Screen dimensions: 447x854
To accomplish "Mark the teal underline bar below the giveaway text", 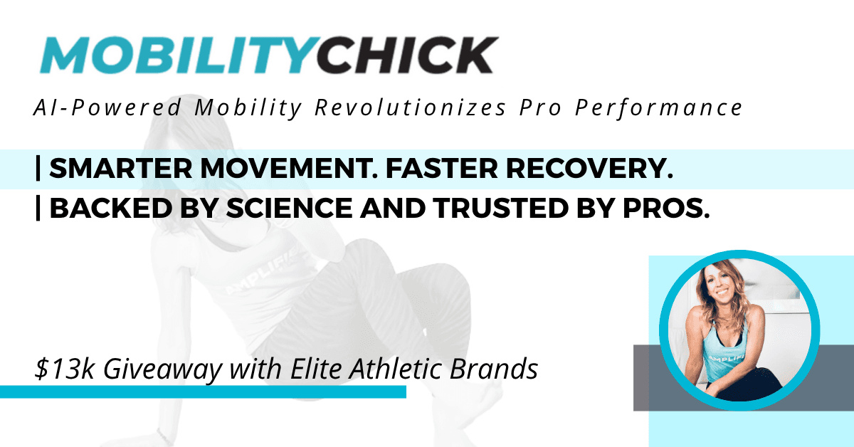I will [x=203, y=392].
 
